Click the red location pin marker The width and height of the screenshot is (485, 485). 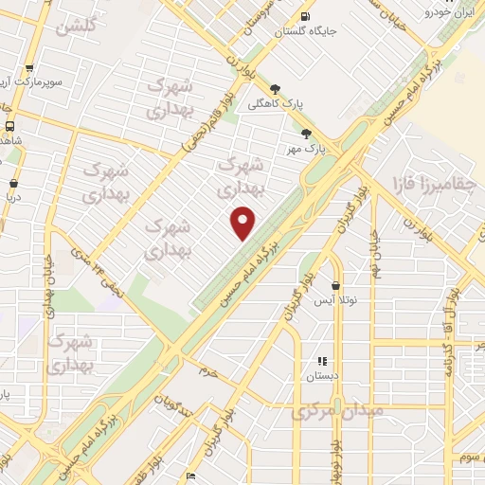[244, 222]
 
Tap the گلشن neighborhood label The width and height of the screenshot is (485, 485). [77, 27]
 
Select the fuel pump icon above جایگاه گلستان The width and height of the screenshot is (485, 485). [304, 16]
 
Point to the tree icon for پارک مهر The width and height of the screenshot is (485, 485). [305, 134]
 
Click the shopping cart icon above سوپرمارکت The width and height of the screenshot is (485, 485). [30, 68]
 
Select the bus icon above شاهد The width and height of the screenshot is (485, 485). [9, 126]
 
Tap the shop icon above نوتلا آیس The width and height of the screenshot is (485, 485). [336, 285]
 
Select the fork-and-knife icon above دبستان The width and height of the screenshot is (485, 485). [322, 361]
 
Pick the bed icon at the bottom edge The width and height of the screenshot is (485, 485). [190, 476]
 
